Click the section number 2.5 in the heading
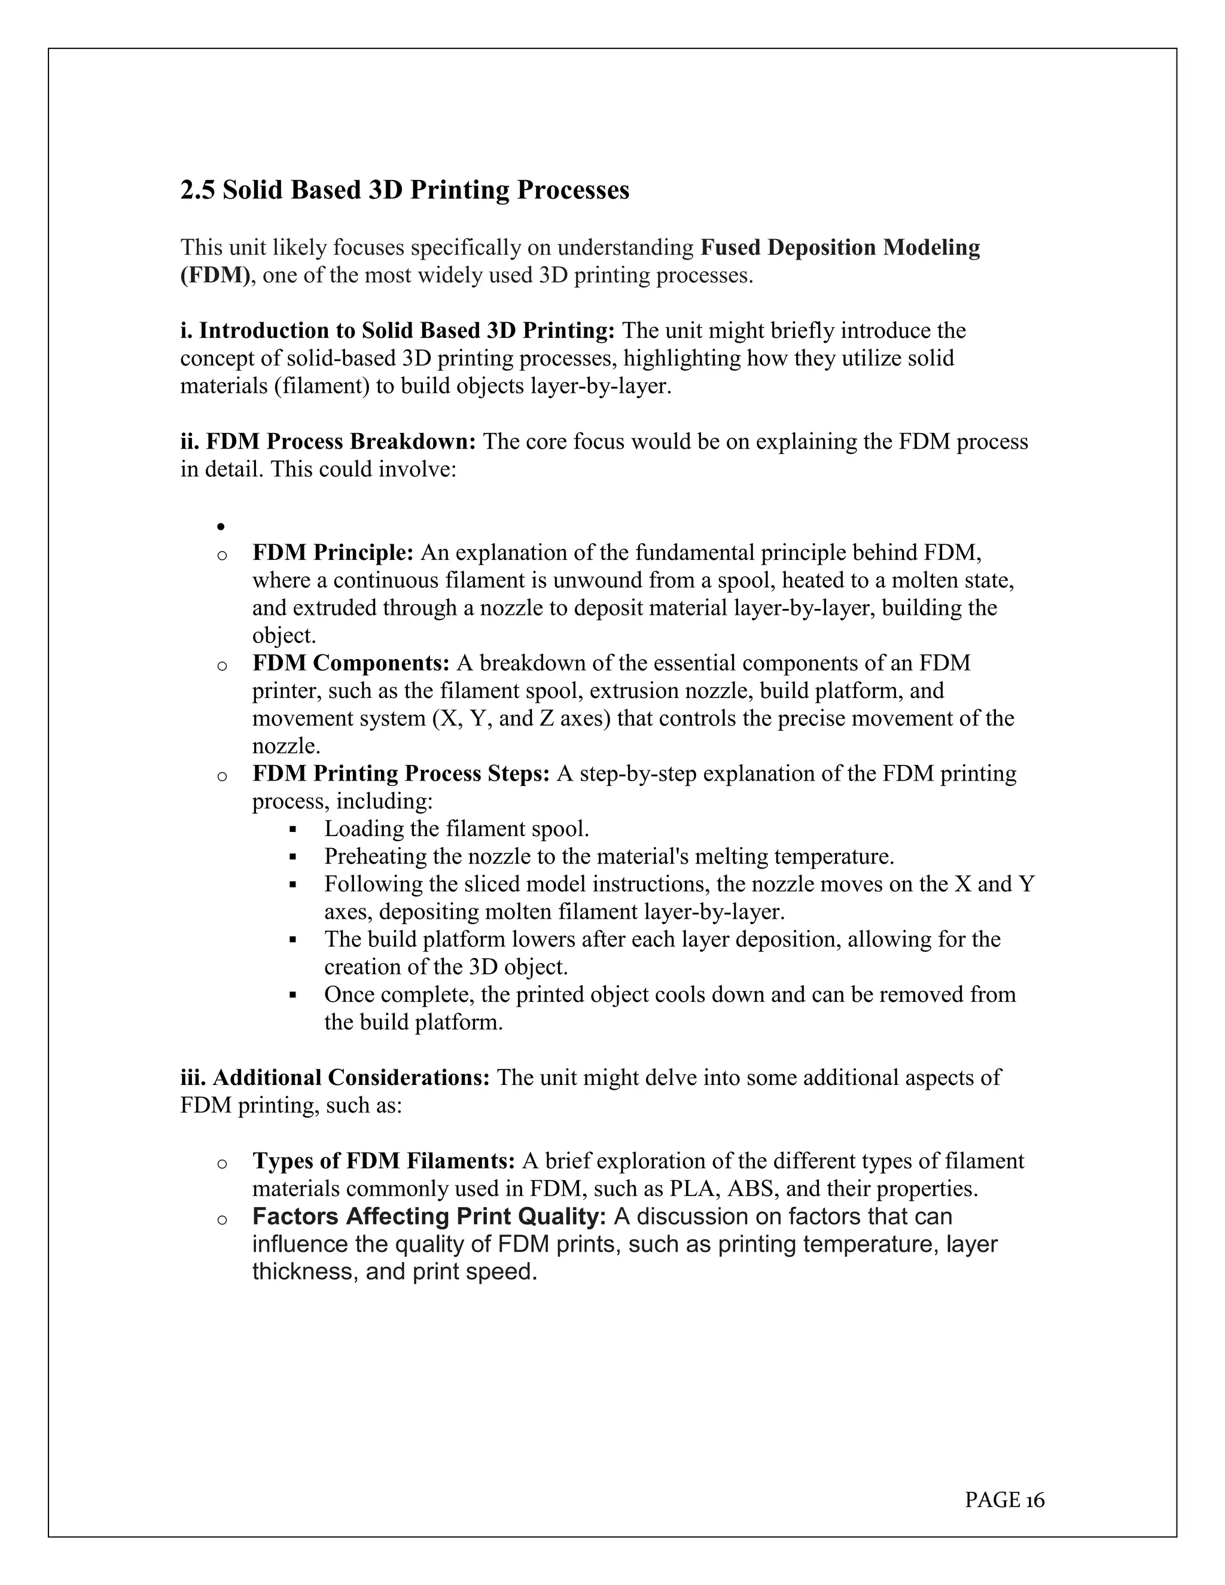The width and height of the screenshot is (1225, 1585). pyautogui.click(x=197, y=190)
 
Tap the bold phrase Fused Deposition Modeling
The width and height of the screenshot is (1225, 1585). pyautogui.click(x=840, y=248)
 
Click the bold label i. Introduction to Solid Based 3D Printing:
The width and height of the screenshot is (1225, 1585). pyautogui.click(x=398, y=331)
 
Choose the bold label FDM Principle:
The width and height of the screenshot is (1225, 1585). pyautogui.click(x=333, y=553)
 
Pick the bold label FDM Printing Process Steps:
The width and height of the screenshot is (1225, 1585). pyautogui.click(x=401, y=773)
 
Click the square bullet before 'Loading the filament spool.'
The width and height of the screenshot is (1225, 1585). pyautogui.click(x=293, y=829)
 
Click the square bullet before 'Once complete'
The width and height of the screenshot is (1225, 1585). pyautogui.click(x=293, y=995)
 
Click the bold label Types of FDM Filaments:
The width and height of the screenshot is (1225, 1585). pyautogui.click(x=383, y=1161)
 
